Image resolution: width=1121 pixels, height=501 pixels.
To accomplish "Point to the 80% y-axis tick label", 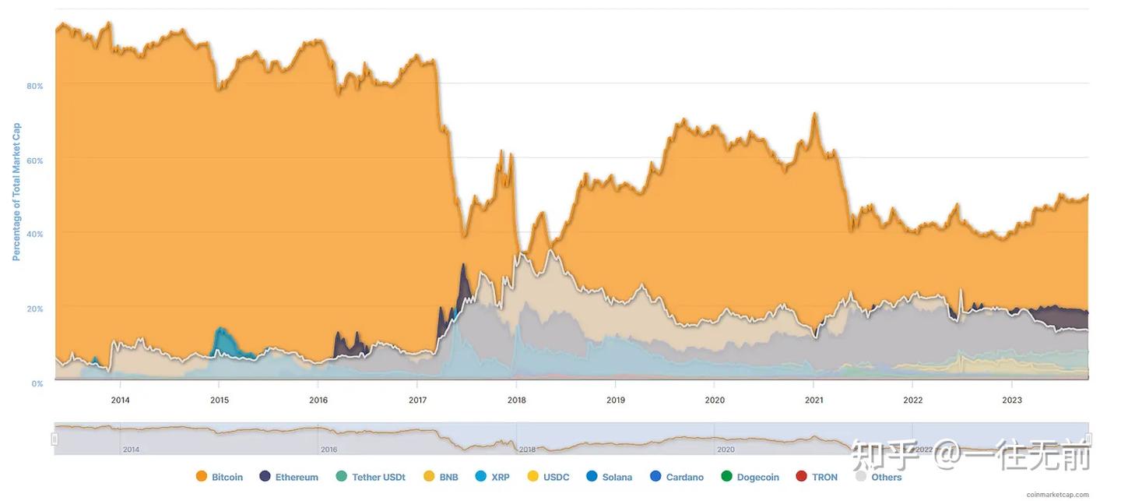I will point(35,86).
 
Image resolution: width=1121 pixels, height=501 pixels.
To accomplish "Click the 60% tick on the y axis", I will point(35,161).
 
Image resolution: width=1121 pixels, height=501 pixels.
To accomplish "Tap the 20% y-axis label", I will point(35,309).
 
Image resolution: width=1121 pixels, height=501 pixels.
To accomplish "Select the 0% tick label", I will point(37,383).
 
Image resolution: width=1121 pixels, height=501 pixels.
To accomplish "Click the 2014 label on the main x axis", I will point(120,400).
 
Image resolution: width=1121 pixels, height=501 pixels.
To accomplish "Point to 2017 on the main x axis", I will point(417,400).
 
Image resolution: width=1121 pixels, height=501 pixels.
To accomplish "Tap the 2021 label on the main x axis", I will point(814,400).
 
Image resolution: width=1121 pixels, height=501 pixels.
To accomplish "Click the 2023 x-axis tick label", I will point(1012,400).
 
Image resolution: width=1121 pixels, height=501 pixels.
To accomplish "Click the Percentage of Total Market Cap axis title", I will point(16,192).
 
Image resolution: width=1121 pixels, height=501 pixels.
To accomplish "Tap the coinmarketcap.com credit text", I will point(1057,495).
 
